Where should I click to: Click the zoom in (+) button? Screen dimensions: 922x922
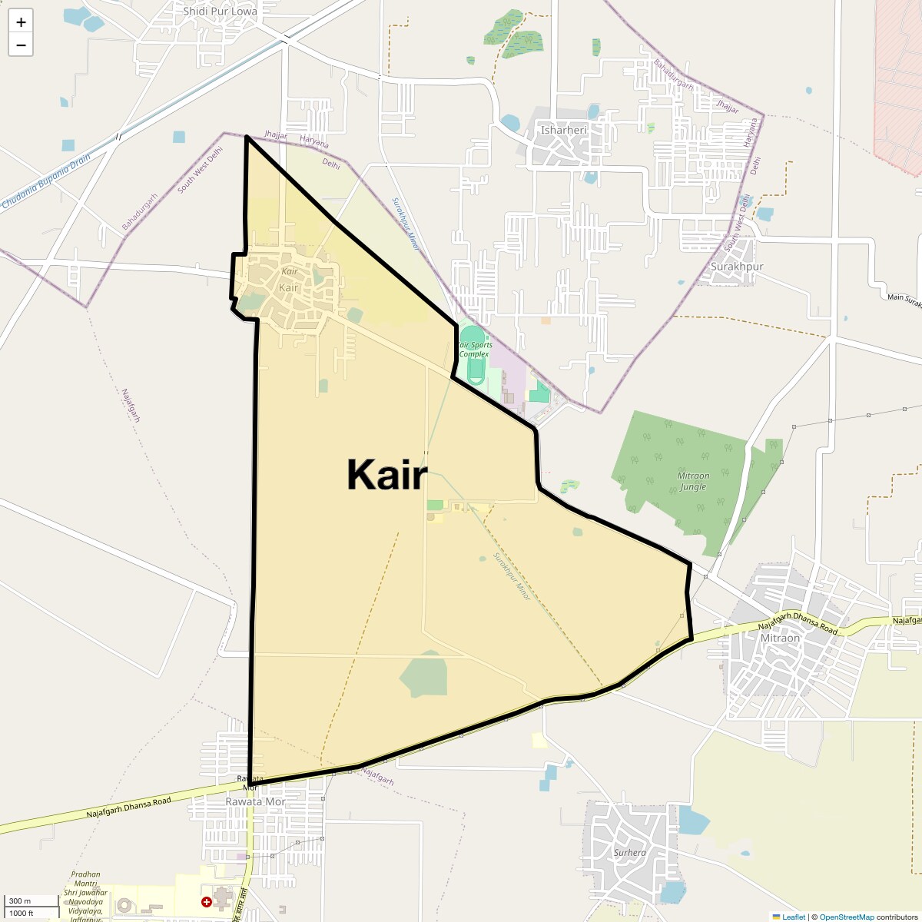click(21, 22)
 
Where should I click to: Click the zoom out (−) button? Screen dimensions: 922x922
click(21, 45)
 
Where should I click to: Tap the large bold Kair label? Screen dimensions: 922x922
click(386, 474)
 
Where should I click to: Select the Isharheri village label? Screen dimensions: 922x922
click(563, 130)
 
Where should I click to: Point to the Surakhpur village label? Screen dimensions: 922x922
click(736, 267)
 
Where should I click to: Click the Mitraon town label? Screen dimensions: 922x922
click(779, 638)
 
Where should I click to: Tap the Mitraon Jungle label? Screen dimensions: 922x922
click(693, 481)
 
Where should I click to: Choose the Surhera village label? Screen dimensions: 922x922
click(629, 852)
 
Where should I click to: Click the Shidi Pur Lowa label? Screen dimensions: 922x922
click(220, 12)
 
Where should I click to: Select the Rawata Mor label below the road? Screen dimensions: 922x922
click(255, 801)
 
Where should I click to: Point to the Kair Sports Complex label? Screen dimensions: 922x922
click(474, 350)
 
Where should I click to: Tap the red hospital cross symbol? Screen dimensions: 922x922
click(206, 901)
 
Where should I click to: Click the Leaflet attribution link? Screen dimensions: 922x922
click(793, 917)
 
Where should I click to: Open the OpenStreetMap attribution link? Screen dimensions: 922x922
click(846, 917)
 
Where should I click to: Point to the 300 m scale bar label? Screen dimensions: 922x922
click(20, 901)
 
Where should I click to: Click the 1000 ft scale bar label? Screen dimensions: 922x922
click(22, 913)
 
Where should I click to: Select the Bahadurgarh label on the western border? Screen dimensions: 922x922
click(140, 211)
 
